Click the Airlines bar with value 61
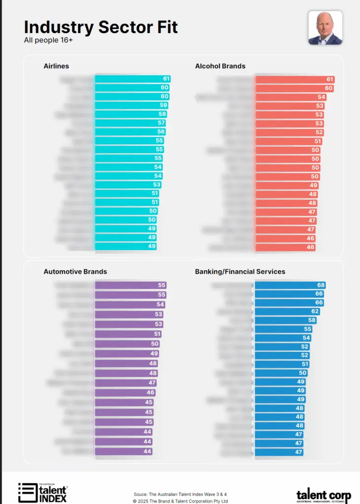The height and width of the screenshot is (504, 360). click(132, 79)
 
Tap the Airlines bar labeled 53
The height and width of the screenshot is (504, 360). click(128, 185)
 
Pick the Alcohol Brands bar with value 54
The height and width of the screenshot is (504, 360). click(291, 97)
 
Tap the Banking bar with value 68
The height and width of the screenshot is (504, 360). click(291, 285)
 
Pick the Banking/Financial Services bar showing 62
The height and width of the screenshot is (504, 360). click(288, 311)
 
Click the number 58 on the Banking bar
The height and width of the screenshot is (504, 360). click(312, 320)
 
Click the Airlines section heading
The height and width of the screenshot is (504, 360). click(56, 66)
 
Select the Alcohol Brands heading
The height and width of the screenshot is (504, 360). click(220, 66)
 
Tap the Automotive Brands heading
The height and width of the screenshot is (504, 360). click(75, 272)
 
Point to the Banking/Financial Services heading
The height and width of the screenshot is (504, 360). click(240, 272)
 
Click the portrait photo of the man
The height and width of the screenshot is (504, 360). click(325, 28)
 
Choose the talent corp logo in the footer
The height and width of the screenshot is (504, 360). click(323, 494)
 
